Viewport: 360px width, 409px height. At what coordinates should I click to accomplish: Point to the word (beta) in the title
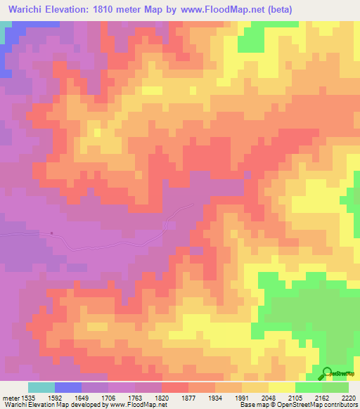(x=276, y=9)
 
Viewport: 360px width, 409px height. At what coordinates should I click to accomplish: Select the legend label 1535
(x=28, y=398)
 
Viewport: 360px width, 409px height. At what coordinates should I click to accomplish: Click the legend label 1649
(x=82, y=398)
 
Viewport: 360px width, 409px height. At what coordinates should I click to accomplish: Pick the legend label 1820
(x=162, y=398)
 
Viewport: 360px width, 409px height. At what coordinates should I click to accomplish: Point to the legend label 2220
(x=349, y=398)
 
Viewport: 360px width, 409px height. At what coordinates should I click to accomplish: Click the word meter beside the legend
(x=11, y=398)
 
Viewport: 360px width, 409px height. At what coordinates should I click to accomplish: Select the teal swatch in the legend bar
(x=41, y=387)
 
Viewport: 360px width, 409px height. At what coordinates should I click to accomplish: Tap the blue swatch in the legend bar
(x=68, y=387)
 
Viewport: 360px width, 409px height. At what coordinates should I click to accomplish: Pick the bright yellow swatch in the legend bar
(x=282, y=387)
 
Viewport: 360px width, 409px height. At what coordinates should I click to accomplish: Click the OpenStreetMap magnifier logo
(x=327, y=372)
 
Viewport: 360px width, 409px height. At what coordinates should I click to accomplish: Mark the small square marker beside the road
(x=52, y=234)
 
